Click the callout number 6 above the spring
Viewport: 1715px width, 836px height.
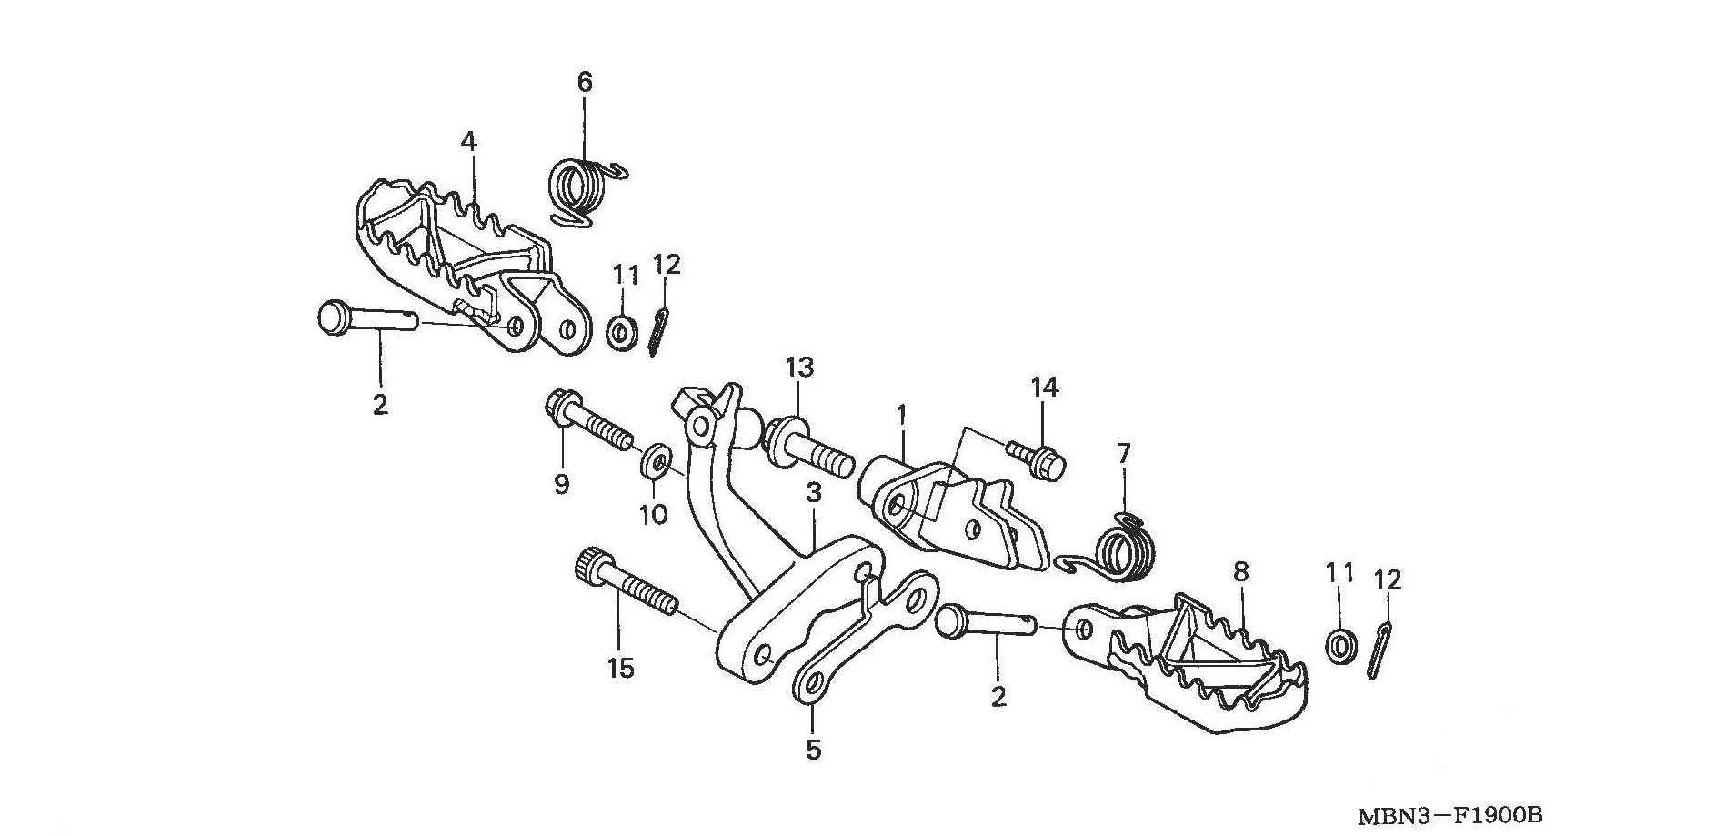585,83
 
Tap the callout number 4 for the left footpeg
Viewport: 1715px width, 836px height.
468,142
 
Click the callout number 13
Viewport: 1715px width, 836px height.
799,368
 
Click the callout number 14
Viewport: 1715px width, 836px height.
1045,388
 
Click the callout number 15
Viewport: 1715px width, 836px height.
620,670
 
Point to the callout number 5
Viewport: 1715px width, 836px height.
813,750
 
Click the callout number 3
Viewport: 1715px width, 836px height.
813,494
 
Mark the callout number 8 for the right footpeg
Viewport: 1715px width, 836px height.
1241,572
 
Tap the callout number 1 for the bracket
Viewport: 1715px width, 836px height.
901,416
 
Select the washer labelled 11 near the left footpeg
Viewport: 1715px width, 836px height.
622,331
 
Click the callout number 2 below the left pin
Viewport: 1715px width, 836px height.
380,404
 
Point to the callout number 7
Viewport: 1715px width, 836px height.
1123,452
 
